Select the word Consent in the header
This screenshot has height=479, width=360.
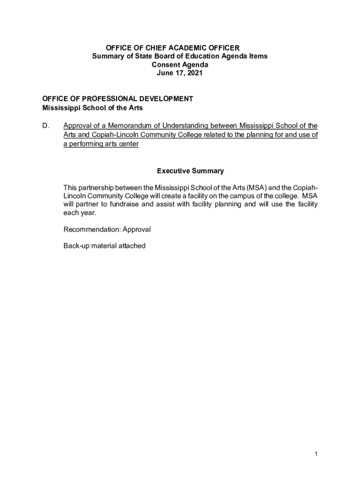[164, 65]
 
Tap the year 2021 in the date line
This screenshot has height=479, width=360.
[195, 73]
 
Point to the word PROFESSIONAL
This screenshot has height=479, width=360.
[97, 99]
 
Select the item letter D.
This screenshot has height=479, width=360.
[45, 126]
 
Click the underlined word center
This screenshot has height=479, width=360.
[129, 144]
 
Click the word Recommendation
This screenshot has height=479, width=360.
[91, 229]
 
